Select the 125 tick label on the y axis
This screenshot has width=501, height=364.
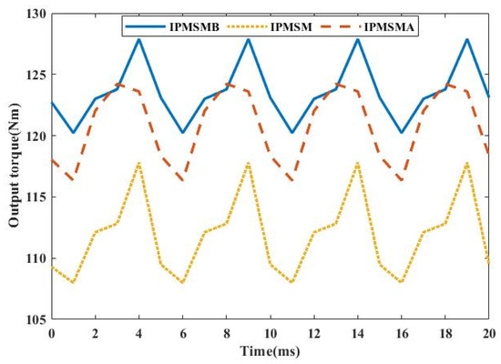[x=33, y=75]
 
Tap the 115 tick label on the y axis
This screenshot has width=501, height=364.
[x=33, y=197]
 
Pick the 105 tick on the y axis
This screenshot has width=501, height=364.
[x=33, y=320]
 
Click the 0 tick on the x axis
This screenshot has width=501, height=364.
[x=51, y=333]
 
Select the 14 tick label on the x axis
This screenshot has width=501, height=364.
[x=357, y=333]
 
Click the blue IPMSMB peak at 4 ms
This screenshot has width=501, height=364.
[x=138, y=39]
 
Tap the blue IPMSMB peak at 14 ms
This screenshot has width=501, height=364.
[x=357, y=39]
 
